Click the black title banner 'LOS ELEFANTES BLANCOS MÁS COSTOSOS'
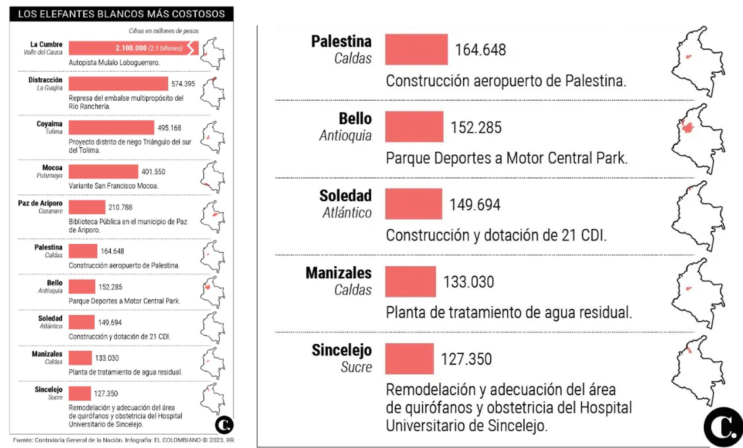(x=121, y=14)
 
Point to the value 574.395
(x=183, y=84)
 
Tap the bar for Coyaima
(x=111, y=128)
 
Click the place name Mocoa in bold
(x=52, y=168)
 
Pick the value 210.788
(x=120, y=208)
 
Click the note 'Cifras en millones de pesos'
(x=163, y=31)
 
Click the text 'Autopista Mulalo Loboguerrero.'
(x=114, y=63)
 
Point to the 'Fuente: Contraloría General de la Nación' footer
(x=67, y=440)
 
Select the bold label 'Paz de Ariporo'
(x=40, y=203)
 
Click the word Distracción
(x=45, y=80)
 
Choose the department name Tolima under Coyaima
(x=54, y=131)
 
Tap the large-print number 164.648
(x=480, y=50)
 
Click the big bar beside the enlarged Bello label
(x=414, y=127)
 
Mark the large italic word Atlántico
(x=347, y=212)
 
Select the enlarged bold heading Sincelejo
(x=341, y=350)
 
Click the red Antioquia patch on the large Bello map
(x=687, y=127)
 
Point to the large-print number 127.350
(x=466, y=359)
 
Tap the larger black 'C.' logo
(x=723, y=427)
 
